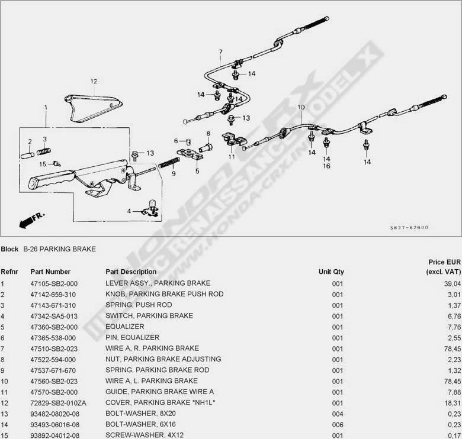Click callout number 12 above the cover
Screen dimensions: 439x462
(x=93, y=81)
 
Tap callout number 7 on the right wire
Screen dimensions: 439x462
(x=220, y=52)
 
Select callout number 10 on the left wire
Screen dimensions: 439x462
(x=301, y=108)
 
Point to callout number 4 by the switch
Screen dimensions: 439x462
(x=129, y=211)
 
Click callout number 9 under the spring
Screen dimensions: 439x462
(x=174, y=174)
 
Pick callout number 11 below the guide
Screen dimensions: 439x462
(x=232, y=157)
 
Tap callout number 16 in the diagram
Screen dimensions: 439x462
(x=326, y=166)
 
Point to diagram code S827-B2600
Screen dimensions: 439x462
(x=409, y=228)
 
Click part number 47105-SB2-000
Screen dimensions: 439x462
(x=54, y=283)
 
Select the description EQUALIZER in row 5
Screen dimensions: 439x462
(x=124, y=327)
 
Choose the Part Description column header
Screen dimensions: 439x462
(x=131, y=272)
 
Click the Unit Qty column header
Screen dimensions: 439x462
(x=331, y=272)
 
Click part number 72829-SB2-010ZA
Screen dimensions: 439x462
(x=58, y=402)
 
